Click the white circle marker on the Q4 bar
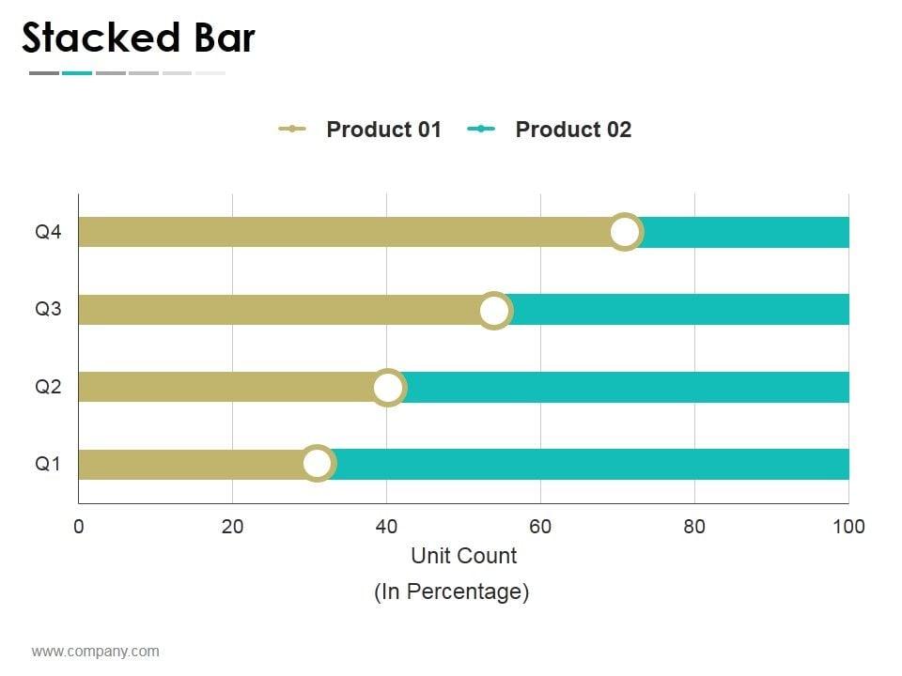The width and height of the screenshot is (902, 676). tap(625, 232)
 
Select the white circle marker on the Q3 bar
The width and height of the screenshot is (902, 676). tap(494, 310)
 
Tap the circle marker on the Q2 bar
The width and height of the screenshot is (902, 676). tap(388, 387)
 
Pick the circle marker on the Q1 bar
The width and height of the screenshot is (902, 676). tap(318, 463)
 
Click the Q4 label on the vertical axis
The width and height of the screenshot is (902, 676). tap(48, 232)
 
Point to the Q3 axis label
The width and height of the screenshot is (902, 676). tap(48, 309)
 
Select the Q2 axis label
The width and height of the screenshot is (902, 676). tap(48, 386)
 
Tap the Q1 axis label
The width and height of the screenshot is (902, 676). tap(48, 463)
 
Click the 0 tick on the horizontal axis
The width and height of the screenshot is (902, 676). tap(79, 527)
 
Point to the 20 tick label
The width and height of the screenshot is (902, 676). tap(232, 527)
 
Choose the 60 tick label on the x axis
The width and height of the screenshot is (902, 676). tap(540, 527)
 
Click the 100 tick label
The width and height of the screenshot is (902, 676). tap(848, 527)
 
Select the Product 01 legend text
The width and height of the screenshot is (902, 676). tap(383, 130)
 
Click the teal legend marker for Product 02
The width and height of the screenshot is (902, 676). tap(481, 130)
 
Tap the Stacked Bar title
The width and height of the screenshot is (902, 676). tap(138, 38)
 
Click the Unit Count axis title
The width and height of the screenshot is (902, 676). tap(463, 556)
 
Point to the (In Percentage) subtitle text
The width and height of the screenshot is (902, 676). tap(452, 591)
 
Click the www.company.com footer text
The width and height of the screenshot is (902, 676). tap(95, 652)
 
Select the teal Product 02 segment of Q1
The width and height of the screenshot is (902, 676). tap(592, 464)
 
